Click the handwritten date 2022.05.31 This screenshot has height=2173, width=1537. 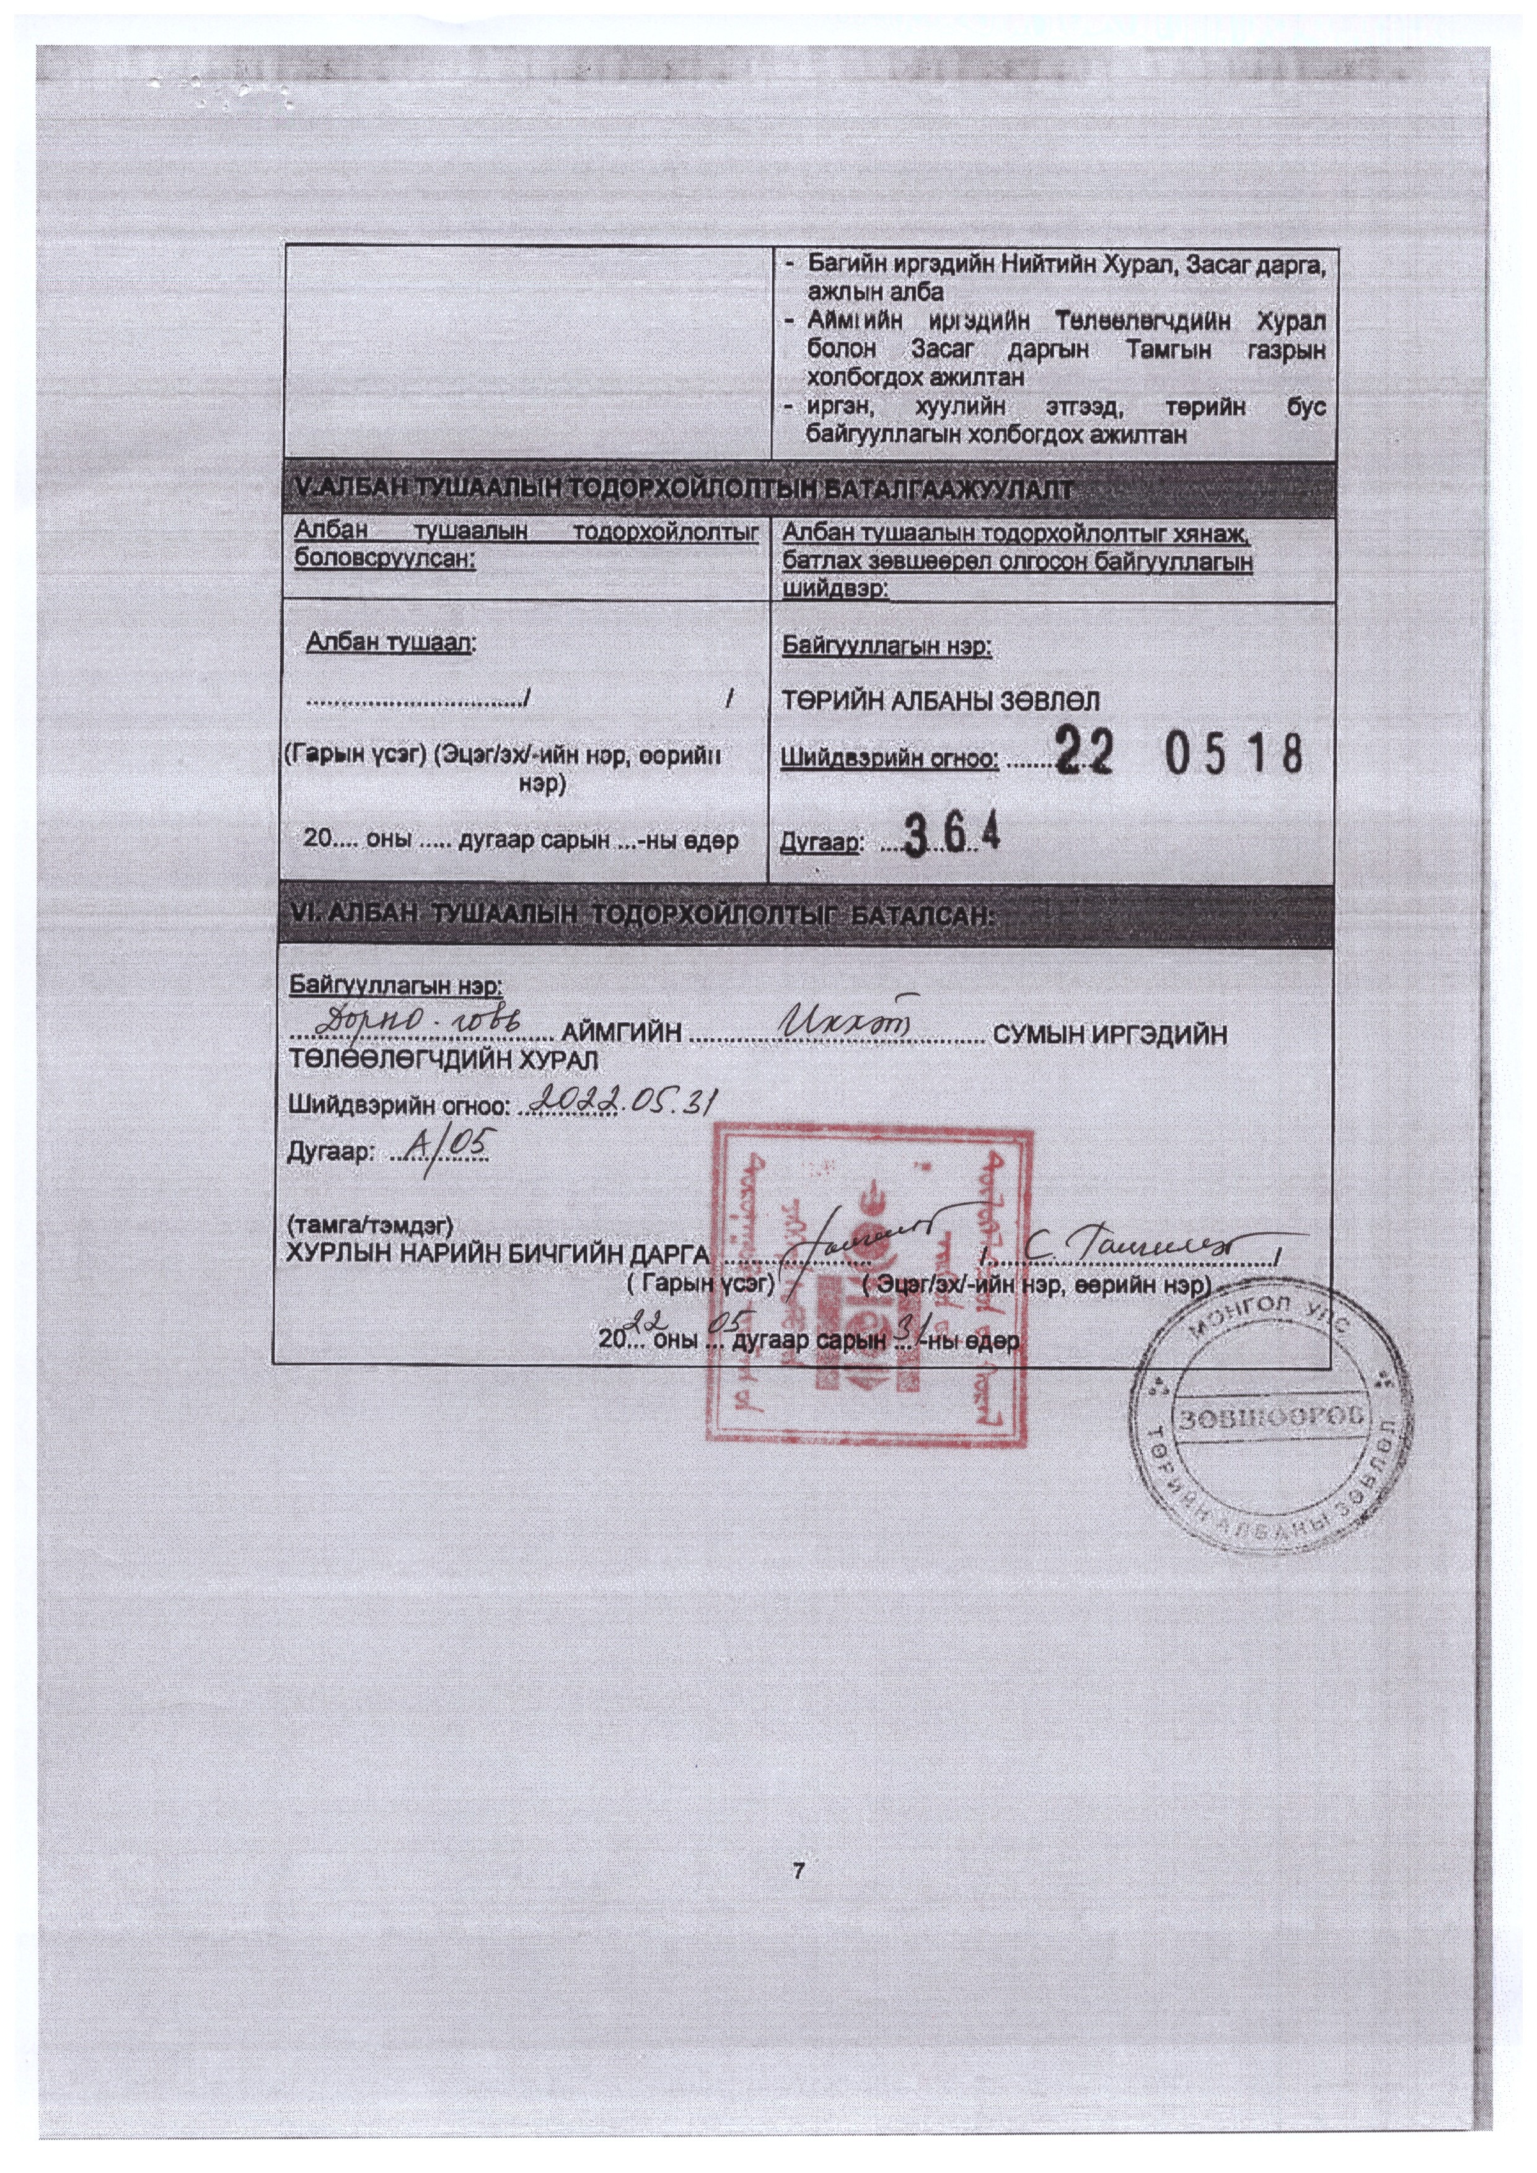point(625,1100)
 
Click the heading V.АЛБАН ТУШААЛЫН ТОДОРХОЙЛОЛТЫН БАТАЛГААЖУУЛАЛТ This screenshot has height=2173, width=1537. point(682,489)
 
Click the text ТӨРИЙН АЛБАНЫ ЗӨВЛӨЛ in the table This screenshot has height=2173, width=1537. point(940,701)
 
